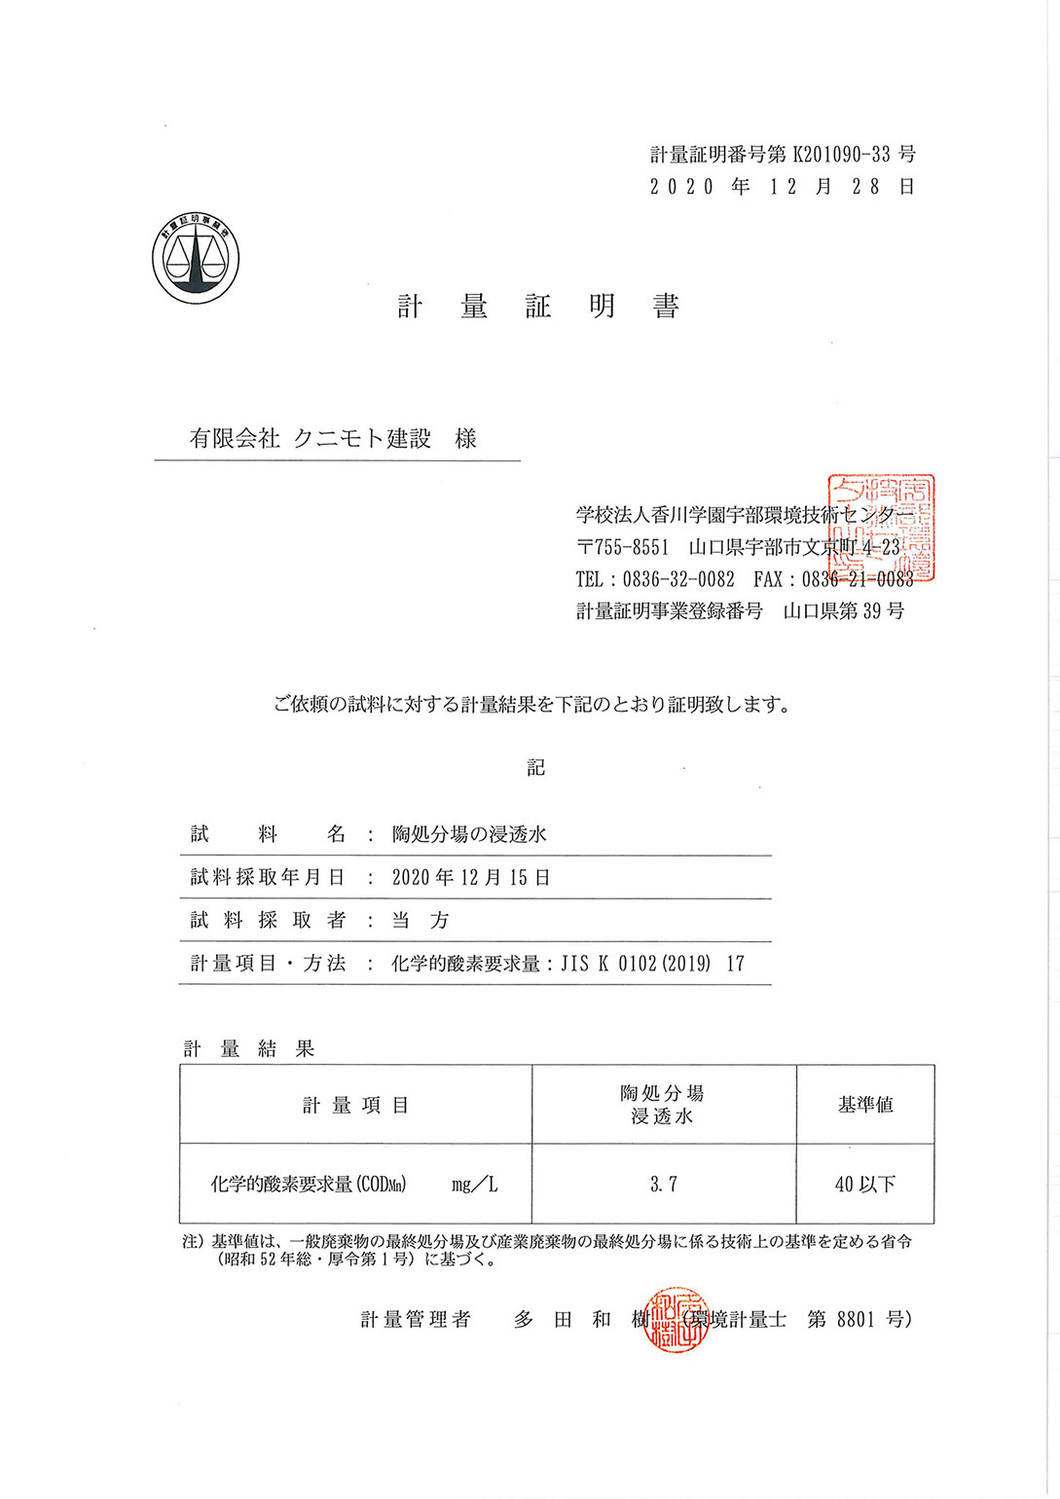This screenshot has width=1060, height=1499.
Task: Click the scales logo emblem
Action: [196, 259]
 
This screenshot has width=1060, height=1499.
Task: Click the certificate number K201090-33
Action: [842, 154]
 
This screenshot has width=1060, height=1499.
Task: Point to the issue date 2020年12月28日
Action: [783, 187]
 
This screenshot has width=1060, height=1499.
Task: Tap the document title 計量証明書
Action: [537, 307]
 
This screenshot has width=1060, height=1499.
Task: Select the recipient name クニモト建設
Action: [362, 439]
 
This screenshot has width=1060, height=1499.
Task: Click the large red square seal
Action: [881, 528]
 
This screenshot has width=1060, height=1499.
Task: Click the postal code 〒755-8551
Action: [623, 547]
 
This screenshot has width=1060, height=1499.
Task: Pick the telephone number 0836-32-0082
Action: [678, 579]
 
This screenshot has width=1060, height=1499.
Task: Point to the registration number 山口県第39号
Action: [844, 611]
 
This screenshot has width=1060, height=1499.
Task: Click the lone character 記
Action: [536, 768]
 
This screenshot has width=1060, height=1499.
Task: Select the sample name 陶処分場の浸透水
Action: [469, 834]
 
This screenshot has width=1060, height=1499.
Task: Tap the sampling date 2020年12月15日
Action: [471, 877]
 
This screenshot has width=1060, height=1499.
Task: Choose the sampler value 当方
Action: [420, 920]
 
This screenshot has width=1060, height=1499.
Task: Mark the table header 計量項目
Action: [355, 1105]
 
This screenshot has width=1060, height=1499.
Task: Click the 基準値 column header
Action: [865, 1105]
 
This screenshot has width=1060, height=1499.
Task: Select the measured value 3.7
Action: [664, 1185]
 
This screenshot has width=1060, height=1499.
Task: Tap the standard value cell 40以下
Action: [865, 1185]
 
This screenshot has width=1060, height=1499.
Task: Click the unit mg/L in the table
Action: [475, 1185]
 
